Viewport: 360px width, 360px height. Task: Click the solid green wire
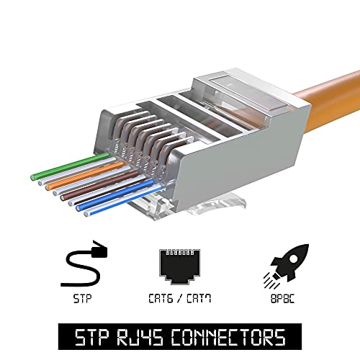[71, 166]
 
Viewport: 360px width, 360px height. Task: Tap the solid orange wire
[85, 175]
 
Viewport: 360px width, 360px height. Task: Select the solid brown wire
[99, 184]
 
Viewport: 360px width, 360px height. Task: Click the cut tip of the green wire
[33, 178]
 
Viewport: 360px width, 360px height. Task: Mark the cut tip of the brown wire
[63, 198]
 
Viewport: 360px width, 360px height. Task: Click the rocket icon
[286, 266]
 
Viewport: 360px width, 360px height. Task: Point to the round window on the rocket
[293, 258]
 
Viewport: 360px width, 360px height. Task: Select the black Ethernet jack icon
[179, 267]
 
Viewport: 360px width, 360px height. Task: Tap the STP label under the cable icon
[82, 299]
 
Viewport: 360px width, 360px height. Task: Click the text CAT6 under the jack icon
[161, 299]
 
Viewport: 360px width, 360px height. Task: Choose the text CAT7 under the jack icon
[199, 299]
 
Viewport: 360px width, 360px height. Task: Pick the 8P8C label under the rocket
[282, 299]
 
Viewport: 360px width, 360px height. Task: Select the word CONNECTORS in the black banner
[228, 337]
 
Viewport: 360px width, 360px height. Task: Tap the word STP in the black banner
[91, 337]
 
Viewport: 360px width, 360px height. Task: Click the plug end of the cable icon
[99, 250]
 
